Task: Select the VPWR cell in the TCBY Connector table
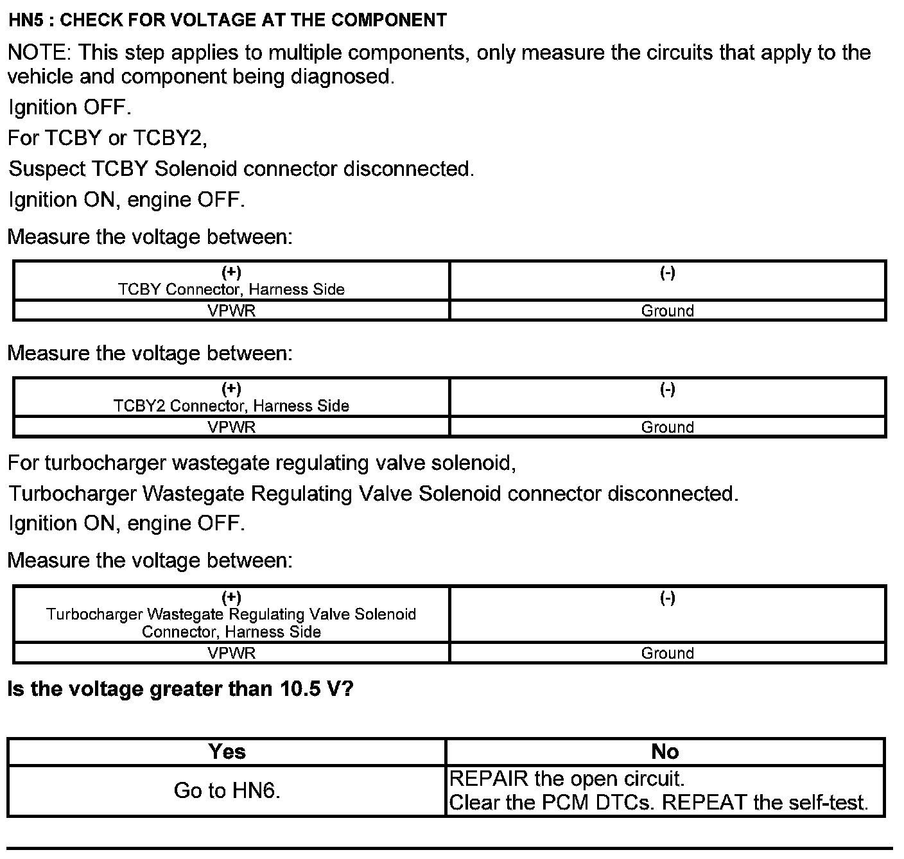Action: pos(231,311)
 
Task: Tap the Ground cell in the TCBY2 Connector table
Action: pos(668,427)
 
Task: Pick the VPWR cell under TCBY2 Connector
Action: pos(231,427)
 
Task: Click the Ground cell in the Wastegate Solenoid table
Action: pos(668,653)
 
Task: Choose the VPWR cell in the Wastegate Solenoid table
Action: pos(231,653)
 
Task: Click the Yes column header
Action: pos(227,752)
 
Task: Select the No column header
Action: pos(665,752)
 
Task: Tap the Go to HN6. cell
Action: pos(227,791)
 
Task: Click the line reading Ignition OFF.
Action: pos(69,107)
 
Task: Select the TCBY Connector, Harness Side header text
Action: pos(231,290)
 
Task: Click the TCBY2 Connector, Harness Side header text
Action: pos(231,406)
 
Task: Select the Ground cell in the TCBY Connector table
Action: pos(668,311)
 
